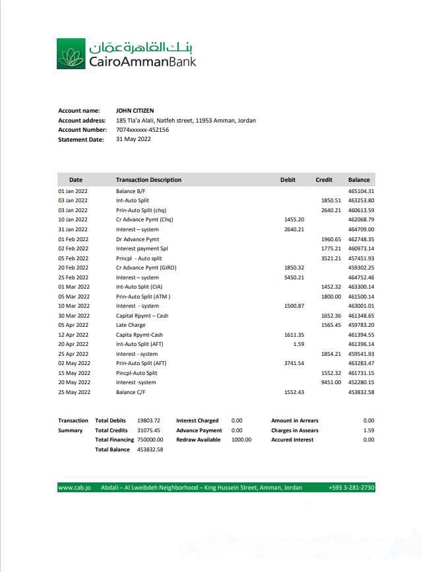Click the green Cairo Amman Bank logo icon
tap(71, 53)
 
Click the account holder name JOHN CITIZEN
tap(135, 111)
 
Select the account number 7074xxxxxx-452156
tap(142, 130)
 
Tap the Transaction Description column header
tap(148, 180)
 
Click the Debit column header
tap(288, 180)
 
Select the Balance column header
tap(360, 180)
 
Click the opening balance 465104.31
tap(361, 191)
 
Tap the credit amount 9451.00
tap(331, 382)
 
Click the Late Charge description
tap(131, 325)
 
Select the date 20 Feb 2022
tap(73, 268)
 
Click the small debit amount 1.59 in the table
tap(298, 344)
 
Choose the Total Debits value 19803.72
tap(148, 420)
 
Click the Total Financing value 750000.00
tap(150, 440)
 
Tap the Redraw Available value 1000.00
tap(241, 440)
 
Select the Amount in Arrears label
tap(294, 420)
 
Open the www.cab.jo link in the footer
tap(74, 488)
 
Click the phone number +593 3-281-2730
tap(351, 488)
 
